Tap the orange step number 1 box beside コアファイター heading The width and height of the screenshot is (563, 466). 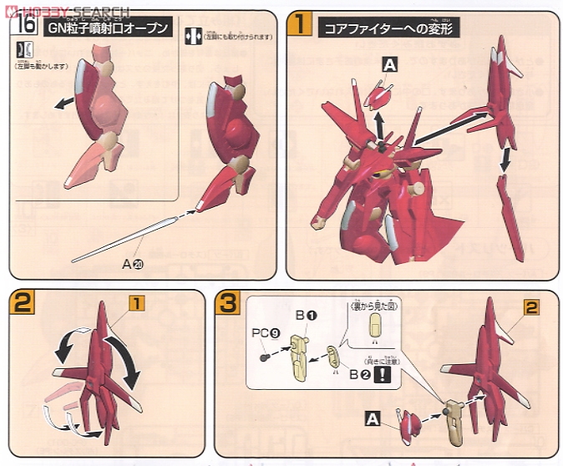(x=300, y=24)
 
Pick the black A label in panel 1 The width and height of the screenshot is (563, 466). (x=390, y=63)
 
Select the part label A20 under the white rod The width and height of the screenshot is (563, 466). (x=132, y=264)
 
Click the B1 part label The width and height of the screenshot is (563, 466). (x=304, y=316)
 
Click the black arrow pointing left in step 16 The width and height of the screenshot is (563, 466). (x=59, y=104)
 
